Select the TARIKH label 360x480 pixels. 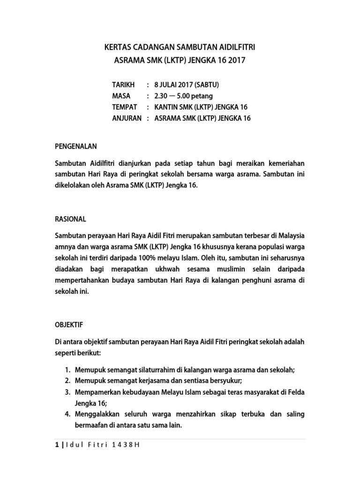(x=123, y=85)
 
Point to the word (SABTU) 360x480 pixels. (x=206, y=85)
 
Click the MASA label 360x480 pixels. (x=121, y=96)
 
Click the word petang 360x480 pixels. (x=202, y=96)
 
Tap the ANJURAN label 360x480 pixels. (x=127, y=119)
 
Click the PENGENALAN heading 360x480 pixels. (x=76, y=146)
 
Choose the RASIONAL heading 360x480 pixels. (x=71, y=219)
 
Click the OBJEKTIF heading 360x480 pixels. (x=69, y=324)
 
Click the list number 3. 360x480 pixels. (x=67, y=392)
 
